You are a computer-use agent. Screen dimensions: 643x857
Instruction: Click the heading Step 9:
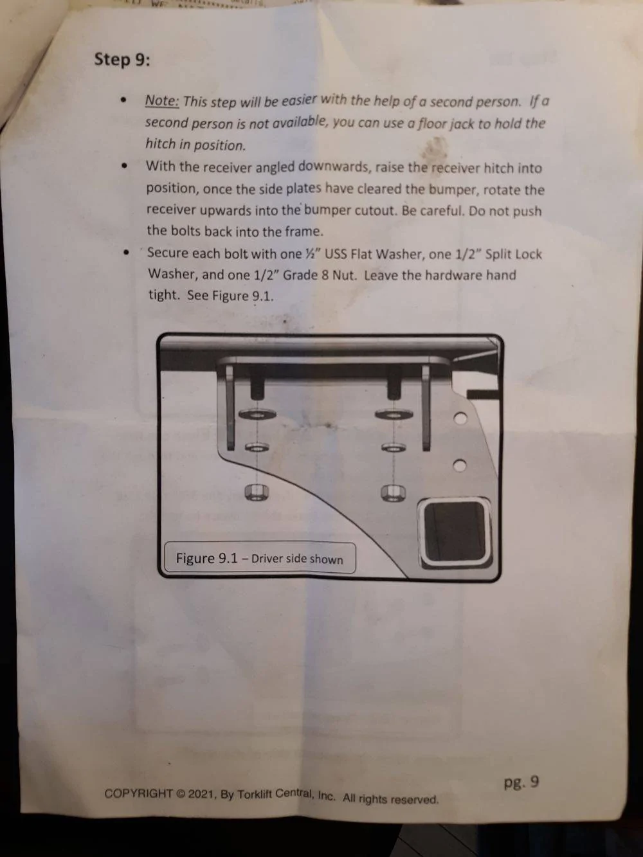point(122,60)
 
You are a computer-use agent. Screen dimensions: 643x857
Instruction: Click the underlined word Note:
point(162,101)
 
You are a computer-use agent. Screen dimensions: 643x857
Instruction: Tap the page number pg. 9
point(521,782)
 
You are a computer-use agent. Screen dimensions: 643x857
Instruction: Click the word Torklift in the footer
point(255,795)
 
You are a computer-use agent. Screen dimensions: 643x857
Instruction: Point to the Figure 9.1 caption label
point(260,558)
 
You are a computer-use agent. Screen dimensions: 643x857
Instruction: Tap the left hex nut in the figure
point(256,492)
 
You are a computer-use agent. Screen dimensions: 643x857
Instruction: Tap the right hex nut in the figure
point(393,492)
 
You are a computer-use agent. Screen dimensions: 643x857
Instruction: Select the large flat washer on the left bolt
point(257,414)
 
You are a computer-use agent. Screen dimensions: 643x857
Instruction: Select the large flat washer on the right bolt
point(394,414)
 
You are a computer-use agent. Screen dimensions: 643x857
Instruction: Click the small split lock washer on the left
point(257,447)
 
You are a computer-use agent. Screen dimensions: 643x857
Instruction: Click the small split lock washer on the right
point(394,447)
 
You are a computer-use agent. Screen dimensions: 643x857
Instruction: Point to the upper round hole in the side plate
point(460,418)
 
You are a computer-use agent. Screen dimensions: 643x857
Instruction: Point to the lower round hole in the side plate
point(460,465)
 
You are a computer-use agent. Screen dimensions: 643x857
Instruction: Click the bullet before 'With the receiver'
point(125,166)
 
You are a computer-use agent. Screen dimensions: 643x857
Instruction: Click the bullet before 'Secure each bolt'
point(126,252)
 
